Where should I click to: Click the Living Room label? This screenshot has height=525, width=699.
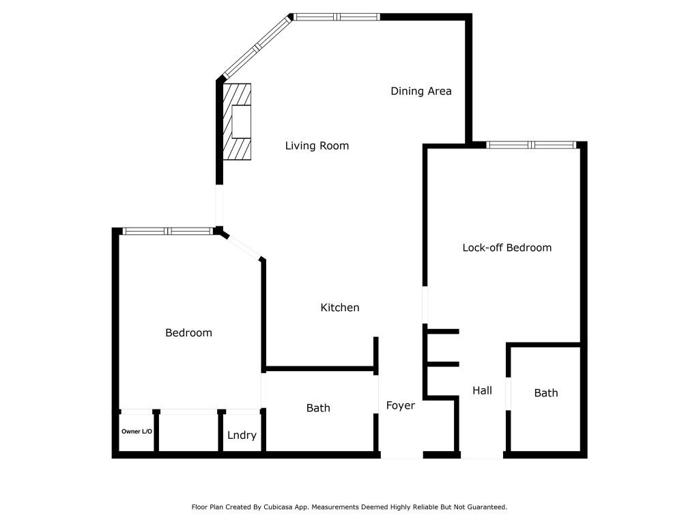pyautogui.click(x=317, y=146)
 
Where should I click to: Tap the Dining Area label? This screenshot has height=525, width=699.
pyautogui.click(x=420, y=91)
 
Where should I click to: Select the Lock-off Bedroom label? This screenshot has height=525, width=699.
pyautogui.click(x=507, y=247)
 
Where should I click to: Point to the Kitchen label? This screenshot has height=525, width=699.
pyautogui.click(x=340, y=308)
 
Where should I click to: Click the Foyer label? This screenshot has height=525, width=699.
pyautogui.click(x=400, y=405)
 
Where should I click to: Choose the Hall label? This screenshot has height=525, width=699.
pyautogui.click(x=482, y=390)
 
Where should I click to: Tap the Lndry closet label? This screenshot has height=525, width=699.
pyautogui.click(x=242, y=435)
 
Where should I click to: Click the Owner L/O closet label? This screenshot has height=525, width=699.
pyautogui.click(x=137, y=431)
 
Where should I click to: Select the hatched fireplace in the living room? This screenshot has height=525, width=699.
pyautogui.click(x=238, y=122)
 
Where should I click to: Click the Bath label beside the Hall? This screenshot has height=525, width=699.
pyautogui.click(x=545, y=392)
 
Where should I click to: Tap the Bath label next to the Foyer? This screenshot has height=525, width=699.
pyautogui.click(x=318, y=408)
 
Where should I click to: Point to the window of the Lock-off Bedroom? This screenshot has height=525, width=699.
pyautogui.click(x=531, y=144)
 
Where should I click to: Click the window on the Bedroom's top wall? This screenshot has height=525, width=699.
pyautogui.click(x=168, y=231)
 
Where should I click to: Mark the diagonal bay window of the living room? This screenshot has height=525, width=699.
pyautogui.click(x=257, y=47)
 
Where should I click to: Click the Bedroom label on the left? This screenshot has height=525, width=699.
pyautogui.click(x=188, y=333)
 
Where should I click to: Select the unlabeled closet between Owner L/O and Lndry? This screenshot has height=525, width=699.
pyautogui.click(x=189, y=432)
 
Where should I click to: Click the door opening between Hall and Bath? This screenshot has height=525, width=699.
pyautogui.click(x=507, y=393)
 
